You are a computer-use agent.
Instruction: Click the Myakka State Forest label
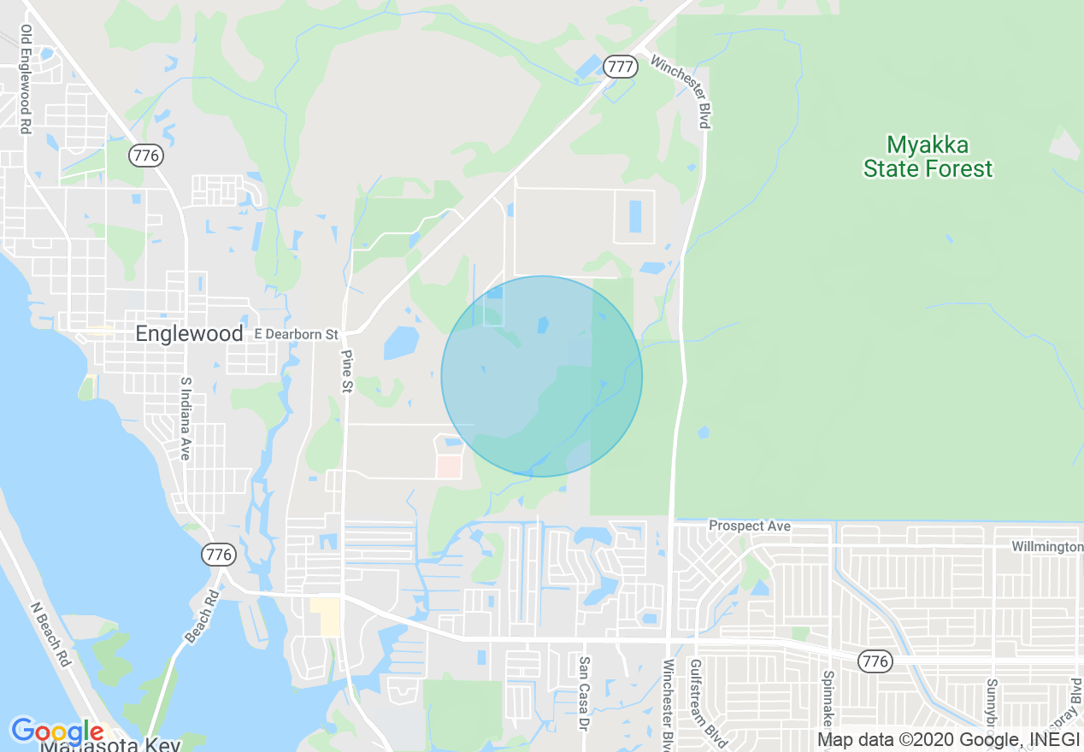[928, 156]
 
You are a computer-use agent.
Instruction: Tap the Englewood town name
[189, 334]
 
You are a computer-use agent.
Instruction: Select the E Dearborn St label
[297, 334]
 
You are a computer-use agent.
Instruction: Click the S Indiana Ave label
[184, 419]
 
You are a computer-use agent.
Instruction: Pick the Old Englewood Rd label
[27, 79]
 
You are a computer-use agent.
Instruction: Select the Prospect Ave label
[750, 526]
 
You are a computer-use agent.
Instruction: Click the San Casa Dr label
[584, 693]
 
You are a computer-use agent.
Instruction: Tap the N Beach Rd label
[50, 635]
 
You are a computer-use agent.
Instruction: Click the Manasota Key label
[111, 744]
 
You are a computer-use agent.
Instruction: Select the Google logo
[57, 731]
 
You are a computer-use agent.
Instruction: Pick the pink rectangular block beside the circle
[449, 467]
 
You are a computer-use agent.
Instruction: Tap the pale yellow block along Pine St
[325, 616]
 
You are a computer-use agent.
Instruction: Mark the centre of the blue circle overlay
[542, 376]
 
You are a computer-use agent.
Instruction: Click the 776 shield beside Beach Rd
[219, 555]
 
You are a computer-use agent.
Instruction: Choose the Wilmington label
[1047, 546]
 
